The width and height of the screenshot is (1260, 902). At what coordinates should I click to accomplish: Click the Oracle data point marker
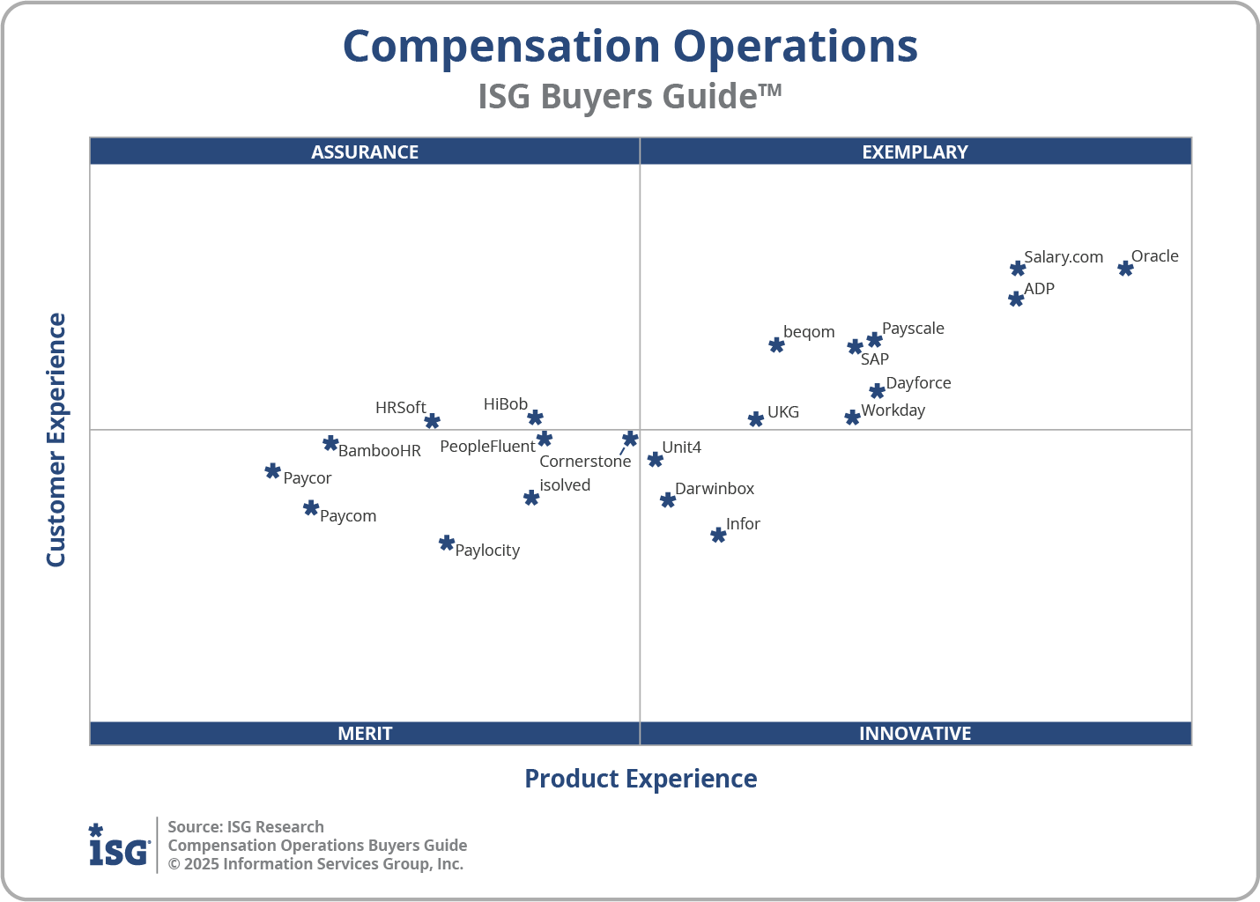tap(1125, 269)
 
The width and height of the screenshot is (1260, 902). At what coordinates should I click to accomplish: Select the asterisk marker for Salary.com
tap(1018, 269)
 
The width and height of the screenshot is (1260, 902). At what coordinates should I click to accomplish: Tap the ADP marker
tap(1016, 299)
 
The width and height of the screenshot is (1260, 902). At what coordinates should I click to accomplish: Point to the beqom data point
tap(776, 344)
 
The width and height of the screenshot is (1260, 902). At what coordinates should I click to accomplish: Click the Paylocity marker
tap(447, 543)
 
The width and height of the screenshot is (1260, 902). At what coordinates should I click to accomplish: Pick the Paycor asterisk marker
tap(273, 471)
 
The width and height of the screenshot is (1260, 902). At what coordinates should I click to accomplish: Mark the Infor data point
tap(718, 535)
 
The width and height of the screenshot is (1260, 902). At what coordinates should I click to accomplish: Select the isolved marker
tap(531, 498)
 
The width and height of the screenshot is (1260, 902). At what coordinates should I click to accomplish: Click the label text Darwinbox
tap(715, 489)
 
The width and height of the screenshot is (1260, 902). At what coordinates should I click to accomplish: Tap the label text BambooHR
tap(380, 451)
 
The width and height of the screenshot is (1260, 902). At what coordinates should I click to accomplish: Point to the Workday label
tap(893, 410)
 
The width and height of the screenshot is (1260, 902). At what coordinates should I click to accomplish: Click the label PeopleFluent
tap(487, 447)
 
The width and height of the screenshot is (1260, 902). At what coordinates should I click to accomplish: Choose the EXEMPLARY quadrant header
tap(915, 152)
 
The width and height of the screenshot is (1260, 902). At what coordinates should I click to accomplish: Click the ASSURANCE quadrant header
tap(365, 152)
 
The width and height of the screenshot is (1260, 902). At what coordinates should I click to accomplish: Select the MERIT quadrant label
tap(365, 734)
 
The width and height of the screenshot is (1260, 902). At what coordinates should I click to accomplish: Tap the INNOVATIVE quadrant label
tap(915, 734)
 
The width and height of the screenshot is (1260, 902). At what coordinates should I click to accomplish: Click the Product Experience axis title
tap(641, 779)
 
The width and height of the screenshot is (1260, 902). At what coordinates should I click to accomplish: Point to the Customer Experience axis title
tap(56, 440)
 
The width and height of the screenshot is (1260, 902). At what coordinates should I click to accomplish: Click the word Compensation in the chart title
tap(500, 47)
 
